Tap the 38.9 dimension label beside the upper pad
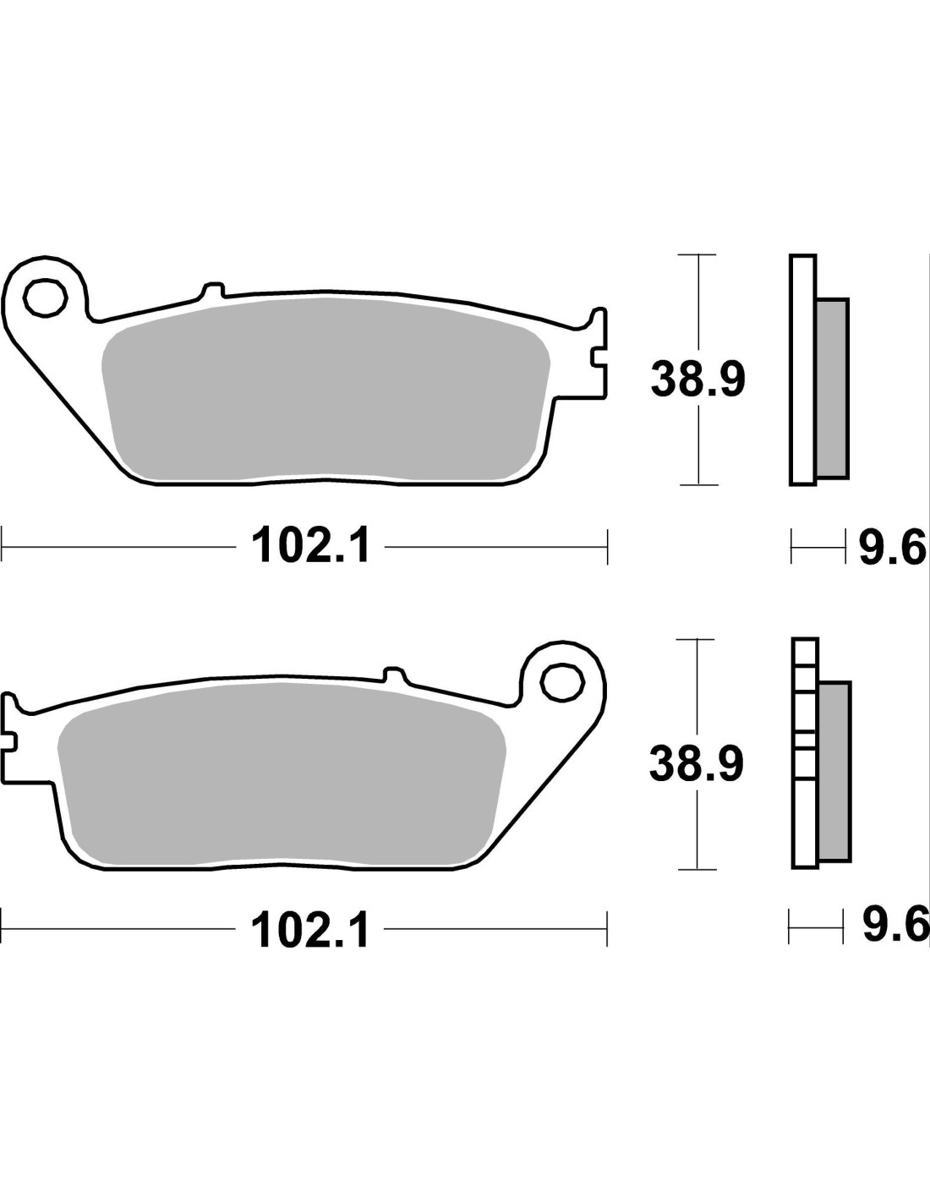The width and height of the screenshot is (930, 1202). [698, 380]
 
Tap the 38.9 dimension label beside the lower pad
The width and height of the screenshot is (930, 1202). [697, 764]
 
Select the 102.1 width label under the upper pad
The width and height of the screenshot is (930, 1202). [310, 545]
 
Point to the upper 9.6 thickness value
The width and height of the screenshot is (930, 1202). [892, 547]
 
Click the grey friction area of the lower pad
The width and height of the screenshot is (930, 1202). [282, 773]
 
